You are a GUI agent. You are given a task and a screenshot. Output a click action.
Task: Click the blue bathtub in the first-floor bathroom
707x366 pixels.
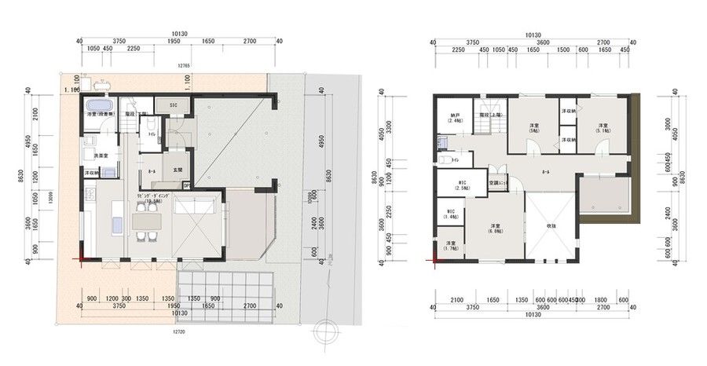coord(99,107)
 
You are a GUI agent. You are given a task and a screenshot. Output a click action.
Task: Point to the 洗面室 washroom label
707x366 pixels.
coord(91,156)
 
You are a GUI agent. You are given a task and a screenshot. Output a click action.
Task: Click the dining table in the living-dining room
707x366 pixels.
coord(146,221)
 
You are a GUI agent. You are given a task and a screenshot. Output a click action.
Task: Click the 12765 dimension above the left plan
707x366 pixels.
coord(184,66)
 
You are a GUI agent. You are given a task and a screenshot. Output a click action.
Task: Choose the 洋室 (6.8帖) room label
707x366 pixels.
coord(494,227)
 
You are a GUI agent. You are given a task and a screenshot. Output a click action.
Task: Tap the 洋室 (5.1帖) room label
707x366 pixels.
coord(603,129)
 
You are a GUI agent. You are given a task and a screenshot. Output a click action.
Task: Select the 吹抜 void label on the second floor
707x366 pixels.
coord(552,226)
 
